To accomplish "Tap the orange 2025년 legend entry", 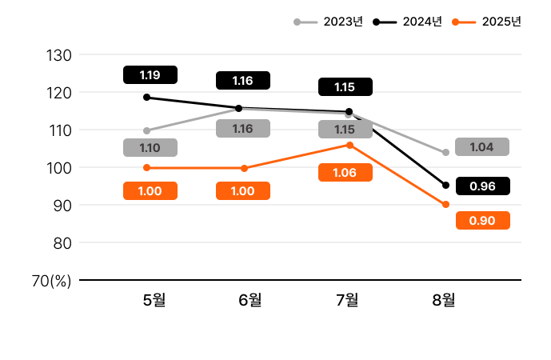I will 487,22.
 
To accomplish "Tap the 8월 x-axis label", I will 444,300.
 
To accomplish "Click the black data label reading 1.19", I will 150,75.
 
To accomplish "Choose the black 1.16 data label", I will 243,80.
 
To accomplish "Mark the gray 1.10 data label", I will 150,148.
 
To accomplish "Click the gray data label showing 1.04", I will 481,147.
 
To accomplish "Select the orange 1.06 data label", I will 345,173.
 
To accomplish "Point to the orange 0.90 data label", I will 482,221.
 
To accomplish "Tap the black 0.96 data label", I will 482,186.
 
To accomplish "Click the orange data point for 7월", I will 349,145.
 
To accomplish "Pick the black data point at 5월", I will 146,98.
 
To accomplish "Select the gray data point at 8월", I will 445,152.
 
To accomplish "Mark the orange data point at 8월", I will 445,205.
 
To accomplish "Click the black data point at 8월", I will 445,186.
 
